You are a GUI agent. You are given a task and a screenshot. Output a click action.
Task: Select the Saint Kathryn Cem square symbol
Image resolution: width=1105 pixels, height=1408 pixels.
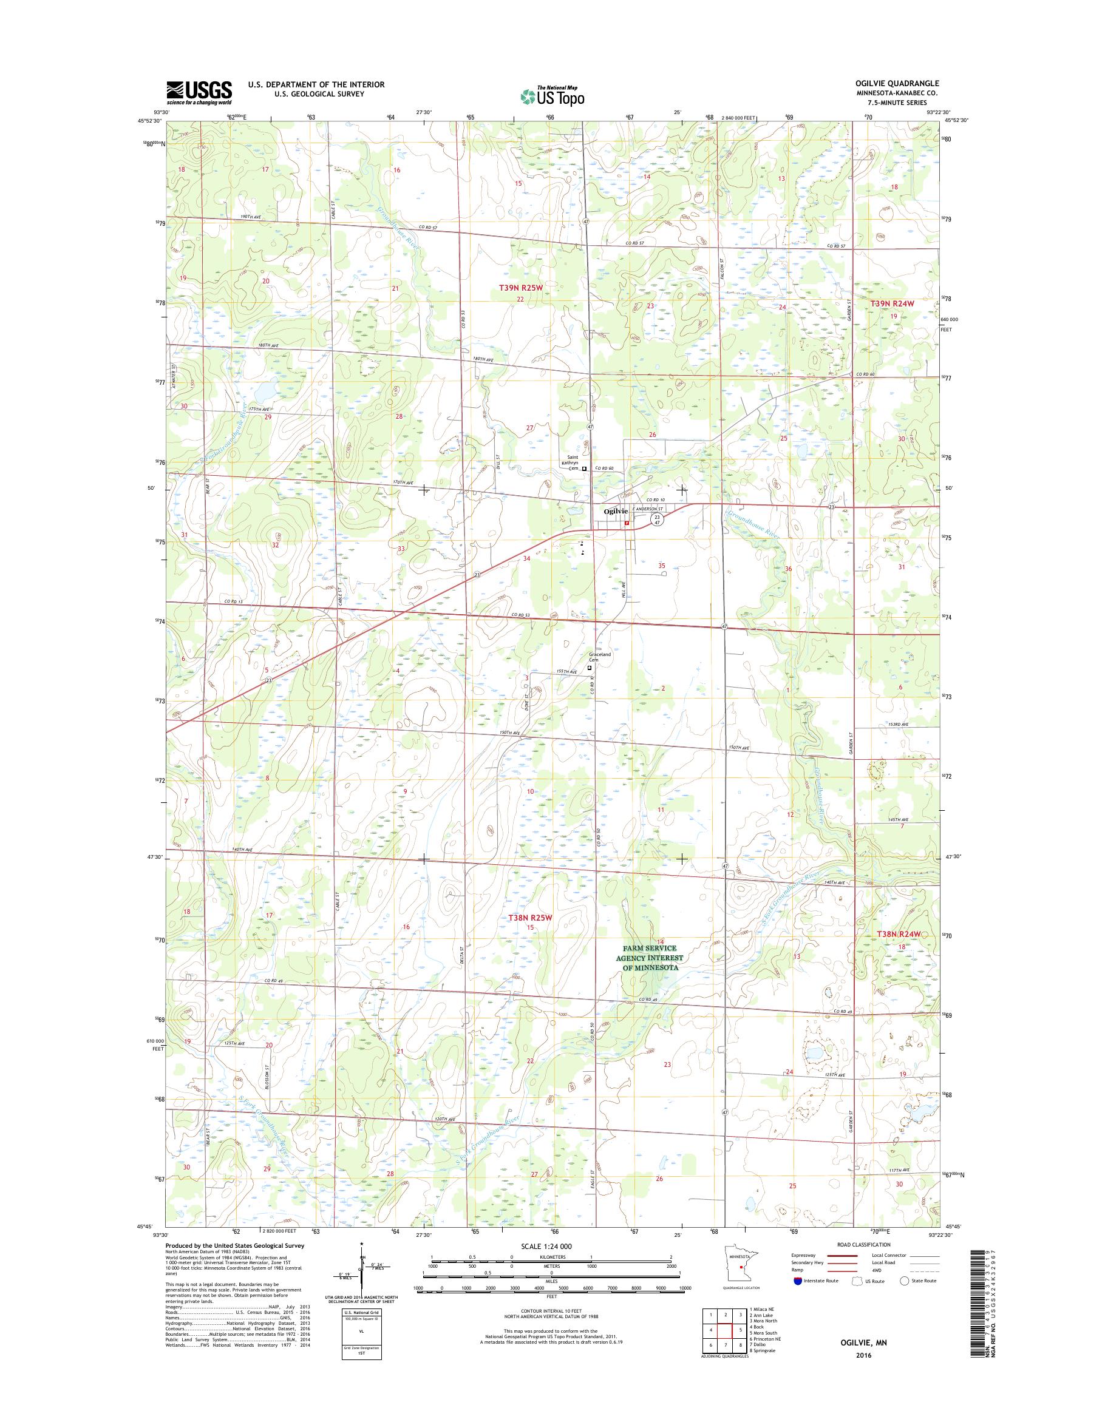click(x=584, y=469)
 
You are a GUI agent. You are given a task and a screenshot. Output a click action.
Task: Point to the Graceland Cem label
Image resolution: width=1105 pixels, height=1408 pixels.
click(x=599, y=657)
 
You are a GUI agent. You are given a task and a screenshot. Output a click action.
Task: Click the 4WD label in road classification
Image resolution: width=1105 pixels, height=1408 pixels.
click(x=877, y=1270)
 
